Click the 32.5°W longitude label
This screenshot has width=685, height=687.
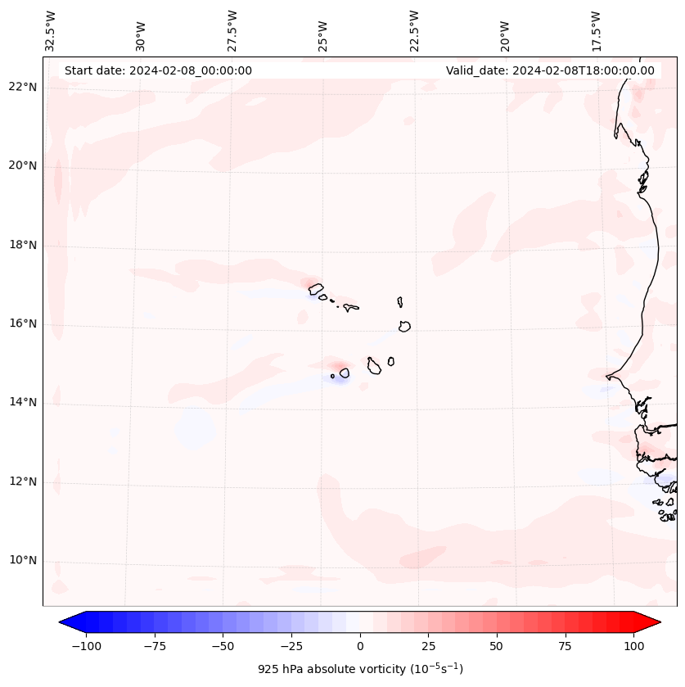[x=51, y=30]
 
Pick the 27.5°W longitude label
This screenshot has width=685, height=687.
[x=232, y=30]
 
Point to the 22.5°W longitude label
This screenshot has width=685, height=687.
[x=414, y=30]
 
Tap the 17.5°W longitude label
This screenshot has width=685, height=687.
[x=597, y=30]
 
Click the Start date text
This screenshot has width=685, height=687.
[x=158, y=70]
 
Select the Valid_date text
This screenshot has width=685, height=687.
[x=550, y=70]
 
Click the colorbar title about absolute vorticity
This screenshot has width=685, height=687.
[x=360, y=669]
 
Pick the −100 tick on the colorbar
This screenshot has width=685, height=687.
[x=86, y=646]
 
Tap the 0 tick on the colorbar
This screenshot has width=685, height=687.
[x=360, y=646]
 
